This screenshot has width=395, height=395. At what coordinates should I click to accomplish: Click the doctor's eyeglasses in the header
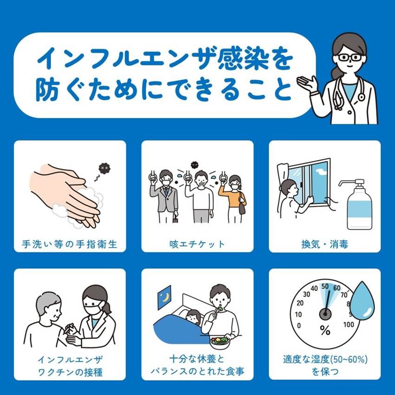coord(350,58)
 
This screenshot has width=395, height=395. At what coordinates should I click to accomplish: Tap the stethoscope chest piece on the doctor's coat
coord(361,97)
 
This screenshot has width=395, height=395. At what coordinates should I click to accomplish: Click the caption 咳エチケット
coord(197,244)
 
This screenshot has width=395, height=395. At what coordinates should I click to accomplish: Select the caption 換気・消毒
coord(325,244)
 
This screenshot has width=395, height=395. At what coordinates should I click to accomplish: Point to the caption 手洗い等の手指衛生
coord(70,244)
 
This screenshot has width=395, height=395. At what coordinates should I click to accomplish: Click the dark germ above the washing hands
coord(104,168)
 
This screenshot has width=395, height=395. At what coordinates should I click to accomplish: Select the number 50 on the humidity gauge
coord(325,286)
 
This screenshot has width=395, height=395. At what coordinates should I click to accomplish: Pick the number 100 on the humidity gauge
coord(349,324)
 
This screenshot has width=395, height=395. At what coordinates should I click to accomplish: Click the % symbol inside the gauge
coord(325,330)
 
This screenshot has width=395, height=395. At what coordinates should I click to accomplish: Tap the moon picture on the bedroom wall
coord(164,298)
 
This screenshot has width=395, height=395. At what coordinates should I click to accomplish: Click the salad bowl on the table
coord(220,343)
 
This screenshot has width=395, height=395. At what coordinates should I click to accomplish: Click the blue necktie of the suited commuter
coord(166,191)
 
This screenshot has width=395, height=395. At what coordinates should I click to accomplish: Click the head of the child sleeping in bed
coord(193,316)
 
